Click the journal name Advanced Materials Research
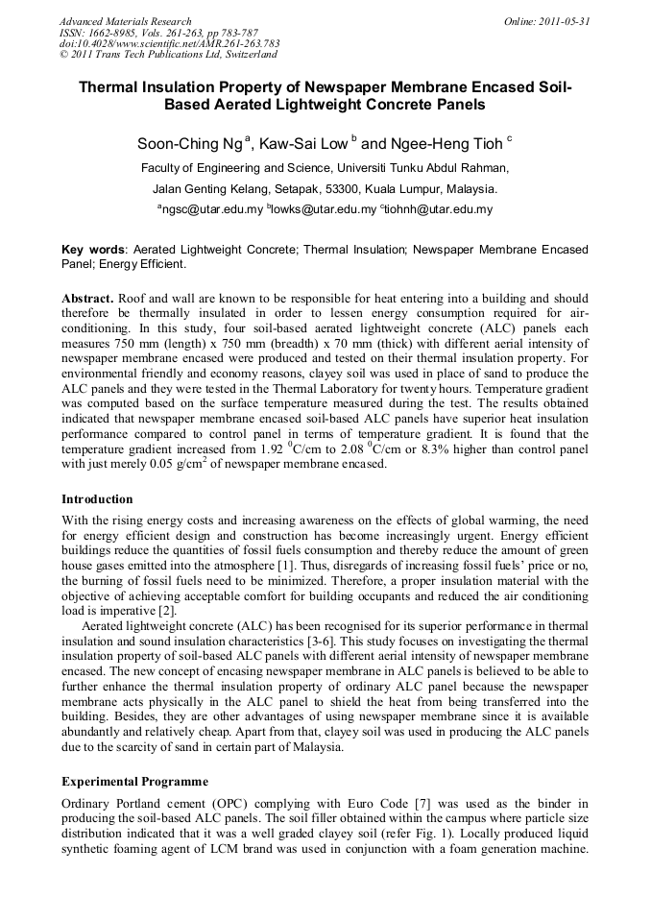point(125,21)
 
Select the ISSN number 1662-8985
point(106,33)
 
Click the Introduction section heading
point(97,499)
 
